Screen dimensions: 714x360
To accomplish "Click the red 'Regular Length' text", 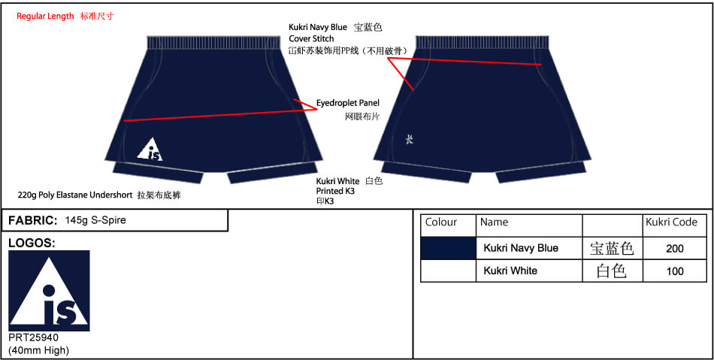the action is (45, 17).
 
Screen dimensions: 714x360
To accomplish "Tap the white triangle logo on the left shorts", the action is (150, 149).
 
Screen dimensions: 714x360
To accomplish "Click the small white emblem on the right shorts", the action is (410, 140).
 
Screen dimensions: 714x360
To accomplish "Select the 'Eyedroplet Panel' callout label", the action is (348, 103).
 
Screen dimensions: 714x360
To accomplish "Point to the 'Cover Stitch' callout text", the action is (311, 38).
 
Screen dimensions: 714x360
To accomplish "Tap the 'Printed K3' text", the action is (335, 191).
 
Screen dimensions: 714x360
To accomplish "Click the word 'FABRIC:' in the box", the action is (32, 221).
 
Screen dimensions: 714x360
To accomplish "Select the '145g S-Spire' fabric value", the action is (95, 221).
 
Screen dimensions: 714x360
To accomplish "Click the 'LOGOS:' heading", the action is (32, 244).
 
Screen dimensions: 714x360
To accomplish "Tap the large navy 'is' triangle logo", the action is (49, 291).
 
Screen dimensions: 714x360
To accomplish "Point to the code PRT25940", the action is (34, 338).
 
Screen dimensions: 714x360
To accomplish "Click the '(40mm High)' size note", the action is (38, 350).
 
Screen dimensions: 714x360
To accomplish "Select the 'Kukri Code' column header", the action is (671, 222).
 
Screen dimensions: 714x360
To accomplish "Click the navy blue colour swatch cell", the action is (448, 248).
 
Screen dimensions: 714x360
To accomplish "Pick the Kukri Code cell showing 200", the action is (674, 249).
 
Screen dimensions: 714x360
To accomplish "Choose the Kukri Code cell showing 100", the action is (674, 271).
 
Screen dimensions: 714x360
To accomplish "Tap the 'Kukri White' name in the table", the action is (510, 271).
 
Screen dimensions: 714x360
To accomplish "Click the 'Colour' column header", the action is (440, 222).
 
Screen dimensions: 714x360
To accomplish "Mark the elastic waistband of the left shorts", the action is (213, 42).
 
